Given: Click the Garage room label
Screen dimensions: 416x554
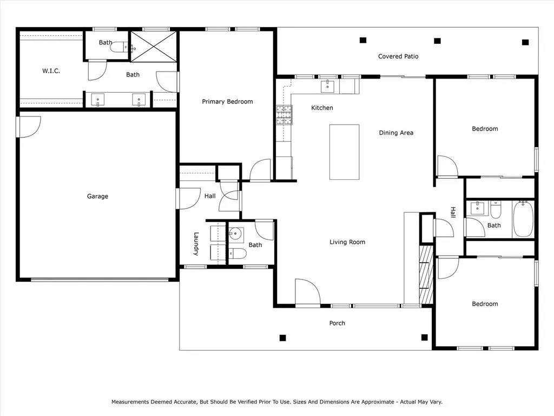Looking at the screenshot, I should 97,196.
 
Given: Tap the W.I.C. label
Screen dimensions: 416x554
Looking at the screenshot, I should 51,71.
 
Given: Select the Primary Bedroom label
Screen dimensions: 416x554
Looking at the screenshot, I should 227,101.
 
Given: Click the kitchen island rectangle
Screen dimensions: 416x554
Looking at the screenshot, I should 345,152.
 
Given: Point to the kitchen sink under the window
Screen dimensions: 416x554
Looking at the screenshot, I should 328,86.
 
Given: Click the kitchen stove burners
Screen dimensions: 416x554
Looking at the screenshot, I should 284,115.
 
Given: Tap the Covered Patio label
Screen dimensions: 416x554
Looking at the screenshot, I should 398,56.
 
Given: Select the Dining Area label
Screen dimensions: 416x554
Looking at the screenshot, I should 395,133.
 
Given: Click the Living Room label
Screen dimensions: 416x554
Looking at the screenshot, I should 347,242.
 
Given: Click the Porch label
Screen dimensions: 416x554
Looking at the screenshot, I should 337,323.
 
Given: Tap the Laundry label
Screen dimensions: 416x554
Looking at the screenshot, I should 197,244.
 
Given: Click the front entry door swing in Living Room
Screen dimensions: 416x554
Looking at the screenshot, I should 307,292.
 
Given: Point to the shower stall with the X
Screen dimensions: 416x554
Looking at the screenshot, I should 154,46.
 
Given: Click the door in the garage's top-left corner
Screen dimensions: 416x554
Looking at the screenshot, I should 29,127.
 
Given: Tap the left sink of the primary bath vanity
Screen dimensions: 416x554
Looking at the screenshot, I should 98,99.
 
